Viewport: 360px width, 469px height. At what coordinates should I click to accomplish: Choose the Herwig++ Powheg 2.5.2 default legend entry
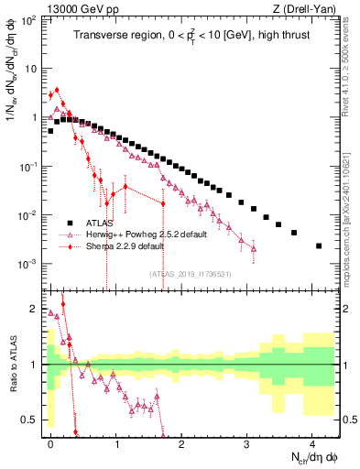coord(147,234)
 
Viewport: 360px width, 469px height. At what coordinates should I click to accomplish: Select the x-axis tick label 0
coord(50,442)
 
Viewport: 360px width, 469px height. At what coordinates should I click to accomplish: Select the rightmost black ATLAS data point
coord(318,245)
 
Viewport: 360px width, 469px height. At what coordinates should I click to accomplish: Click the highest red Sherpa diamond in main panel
coord(57,90)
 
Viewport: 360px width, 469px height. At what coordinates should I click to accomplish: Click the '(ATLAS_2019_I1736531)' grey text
coord(190,274)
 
